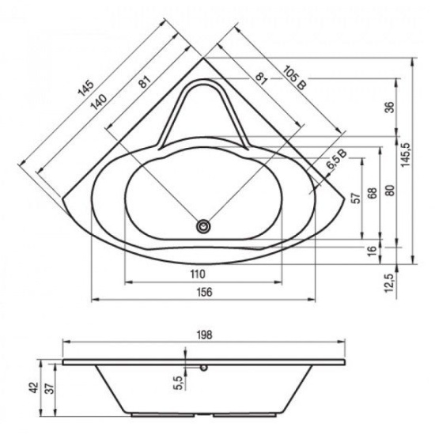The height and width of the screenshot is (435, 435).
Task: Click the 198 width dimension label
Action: point(204,335)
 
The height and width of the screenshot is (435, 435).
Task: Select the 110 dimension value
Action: point(198,274)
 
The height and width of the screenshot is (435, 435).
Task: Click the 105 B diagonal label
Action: point(295,78)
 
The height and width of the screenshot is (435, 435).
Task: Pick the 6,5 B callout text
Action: point(336,160)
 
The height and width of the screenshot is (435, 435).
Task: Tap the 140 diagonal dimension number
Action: point(99,102)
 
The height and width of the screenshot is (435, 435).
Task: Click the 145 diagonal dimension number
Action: point(85,88)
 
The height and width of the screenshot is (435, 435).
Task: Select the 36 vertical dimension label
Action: point(390,108)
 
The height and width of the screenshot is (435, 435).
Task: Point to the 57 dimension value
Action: point(357,198)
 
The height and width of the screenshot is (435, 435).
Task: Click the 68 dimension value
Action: point(373,193)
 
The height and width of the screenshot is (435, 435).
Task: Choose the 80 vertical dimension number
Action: point(390,191)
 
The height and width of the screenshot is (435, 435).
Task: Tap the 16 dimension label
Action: point(373,251)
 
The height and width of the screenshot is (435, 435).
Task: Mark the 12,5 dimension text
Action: point(390,282)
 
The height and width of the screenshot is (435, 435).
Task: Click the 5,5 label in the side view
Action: point(180,383)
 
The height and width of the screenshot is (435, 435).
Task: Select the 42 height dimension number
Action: point(34,388)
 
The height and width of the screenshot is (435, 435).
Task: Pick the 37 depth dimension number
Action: point(50,388)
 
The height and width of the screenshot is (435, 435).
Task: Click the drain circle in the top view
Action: point(203,226)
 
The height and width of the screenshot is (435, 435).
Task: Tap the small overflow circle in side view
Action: point(204,368)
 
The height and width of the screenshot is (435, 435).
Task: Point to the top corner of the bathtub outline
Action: point(203,58)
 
